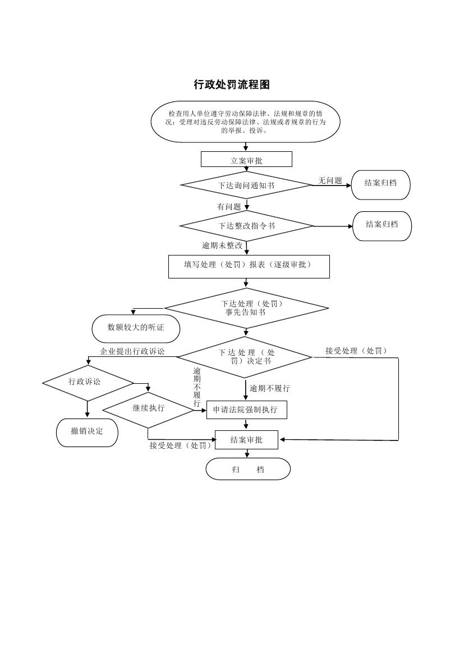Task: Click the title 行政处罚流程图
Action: (x=232, y=85)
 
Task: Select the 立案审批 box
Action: (x=246, y=160)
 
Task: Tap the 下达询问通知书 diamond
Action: (x=246, y=184)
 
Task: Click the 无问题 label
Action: (x=330, y=180)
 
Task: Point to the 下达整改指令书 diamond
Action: (x=246, y=226)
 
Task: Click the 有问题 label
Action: (x=229, y=207)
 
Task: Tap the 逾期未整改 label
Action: (x=222, y=245)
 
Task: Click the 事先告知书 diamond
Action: (x=246, y=308)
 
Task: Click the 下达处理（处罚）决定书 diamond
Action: (x=245, y=357)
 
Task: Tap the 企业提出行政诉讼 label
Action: (x=132, y=351)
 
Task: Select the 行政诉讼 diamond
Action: (x=88, y=383)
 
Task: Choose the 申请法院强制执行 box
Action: (x=247, y=410)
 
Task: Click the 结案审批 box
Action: (x=246, y=440)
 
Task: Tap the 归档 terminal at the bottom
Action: (x=248, y=469)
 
